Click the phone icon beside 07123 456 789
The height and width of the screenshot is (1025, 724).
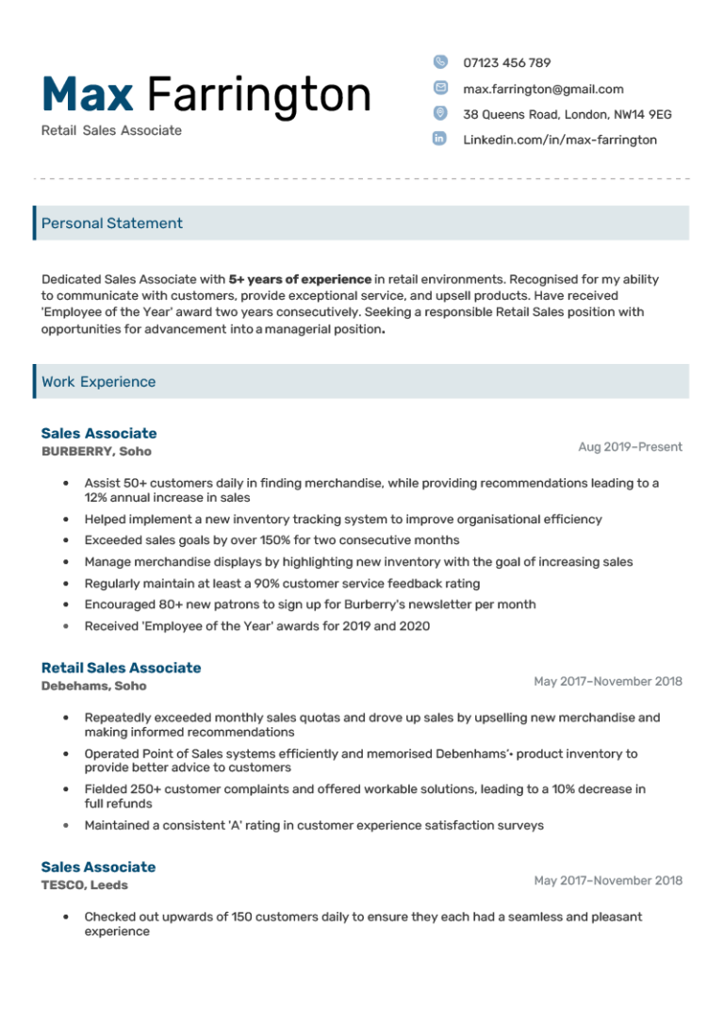pyautogui.click(x=440, y=62)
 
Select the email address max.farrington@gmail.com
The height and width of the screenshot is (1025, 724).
pyautogui.click(x=543, y=89)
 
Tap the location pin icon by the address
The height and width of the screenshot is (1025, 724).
pyautogui.click(x=440, y=113)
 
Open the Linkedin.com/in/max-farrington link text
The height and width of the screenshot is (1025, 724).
pyautogui.click(x=560, y=140)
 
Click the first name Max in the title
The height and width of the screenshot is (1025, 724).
pyautogui.click(x=88, y=94)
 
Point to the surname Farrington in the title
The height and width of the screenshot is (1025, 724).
pyautogui.click(x=259, y=94)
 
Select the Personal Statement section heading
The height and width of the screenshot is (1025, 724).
pyautogui.click(x=112, y=223)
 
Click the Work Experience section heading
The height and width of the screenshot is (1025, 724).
pyautogui.click(x=99, y=382)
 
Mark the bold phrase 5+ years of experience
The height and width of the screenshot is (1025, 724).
pyautogui.click(x=300, y=279)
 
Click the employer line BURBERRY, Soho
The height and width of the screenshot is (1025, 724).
pyautogui.click(x=96, y=452)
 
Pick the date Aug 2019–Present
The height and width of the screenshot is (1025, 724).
pyautogui.click(x=630, y=447)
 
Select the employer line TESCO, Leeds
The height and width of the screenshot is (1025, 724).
pyautogui.click(x=85, y=885)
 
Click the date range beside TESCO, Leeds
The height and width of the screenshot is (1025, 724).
pyautogui.click(x=608, y=881)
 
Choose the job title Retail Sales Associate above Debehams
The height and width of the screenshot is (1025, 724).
pyautogui.click(x=121, y=668)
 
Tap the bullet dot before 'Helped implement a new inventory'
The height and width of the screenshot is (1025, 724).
pyautogui.click(x=65, y=520)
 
